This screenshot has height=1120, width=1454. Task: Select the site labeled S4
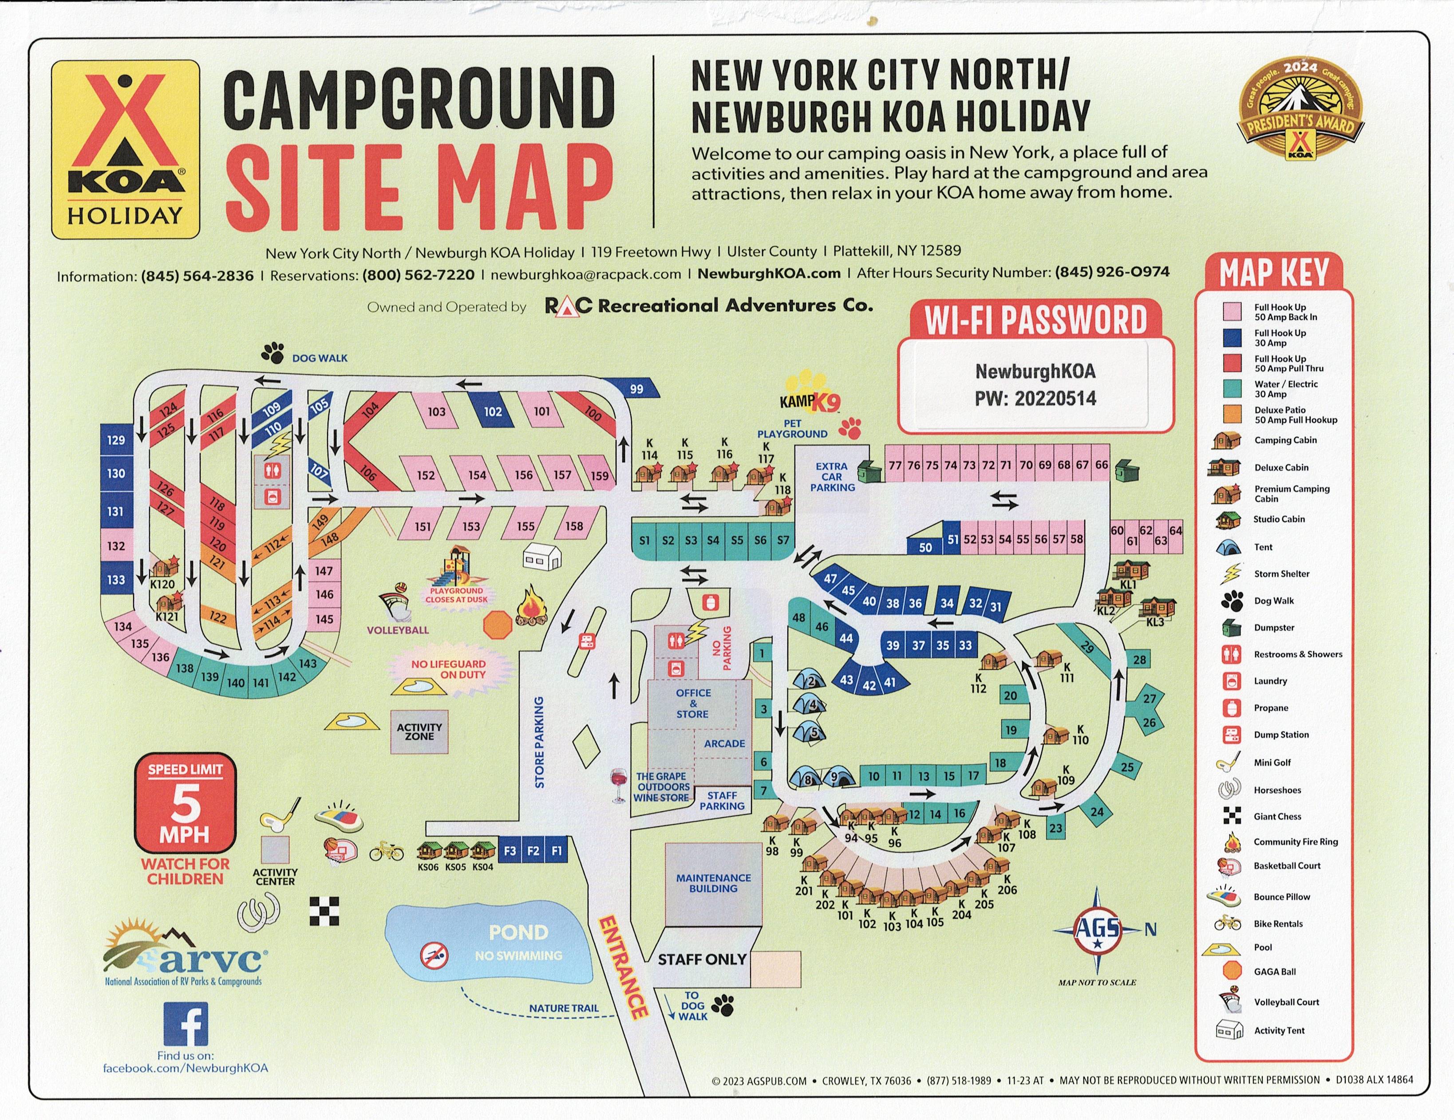pyautogui.click(x=713, y=540)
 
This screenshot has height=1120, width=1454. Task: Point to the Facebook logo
pyautogui.click(x=186, y=1025)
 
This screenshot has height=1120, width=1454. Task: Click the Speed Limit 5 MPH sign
pyautogui.click(x=185, y=803)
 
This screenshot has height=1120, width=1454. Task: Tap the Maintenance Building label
pyautogui.click(x=713, y=883)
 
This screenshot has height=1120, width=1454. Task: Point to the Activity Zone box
pyautogui.click(x=419, y=731)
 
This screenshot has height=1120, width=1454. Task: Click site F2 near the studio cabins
pyautogui.click(x=533, y=850)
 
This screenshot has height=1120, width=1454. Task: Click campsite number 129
pyautogui.click(x=116, y=440)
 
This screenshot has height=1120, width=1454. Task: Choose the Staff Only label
pyautogui.click(x=702, y=959)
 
